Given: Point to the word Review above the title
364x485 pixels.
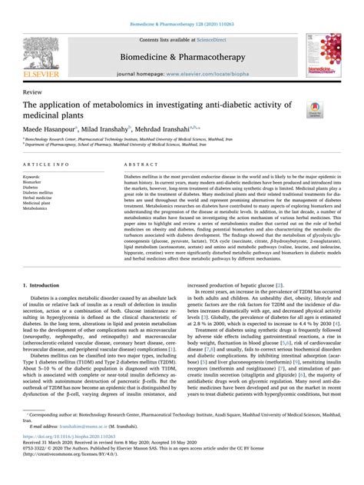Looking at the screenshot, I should pyautogui.click(x=33, y=91).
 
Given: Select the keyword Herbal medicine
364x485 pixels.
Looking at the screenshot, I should pyautogui.click(x=38, y=198).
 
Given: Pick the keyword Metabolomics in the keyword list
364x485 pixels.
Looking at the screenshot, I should pyautogui.click(x=36, y=208).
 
